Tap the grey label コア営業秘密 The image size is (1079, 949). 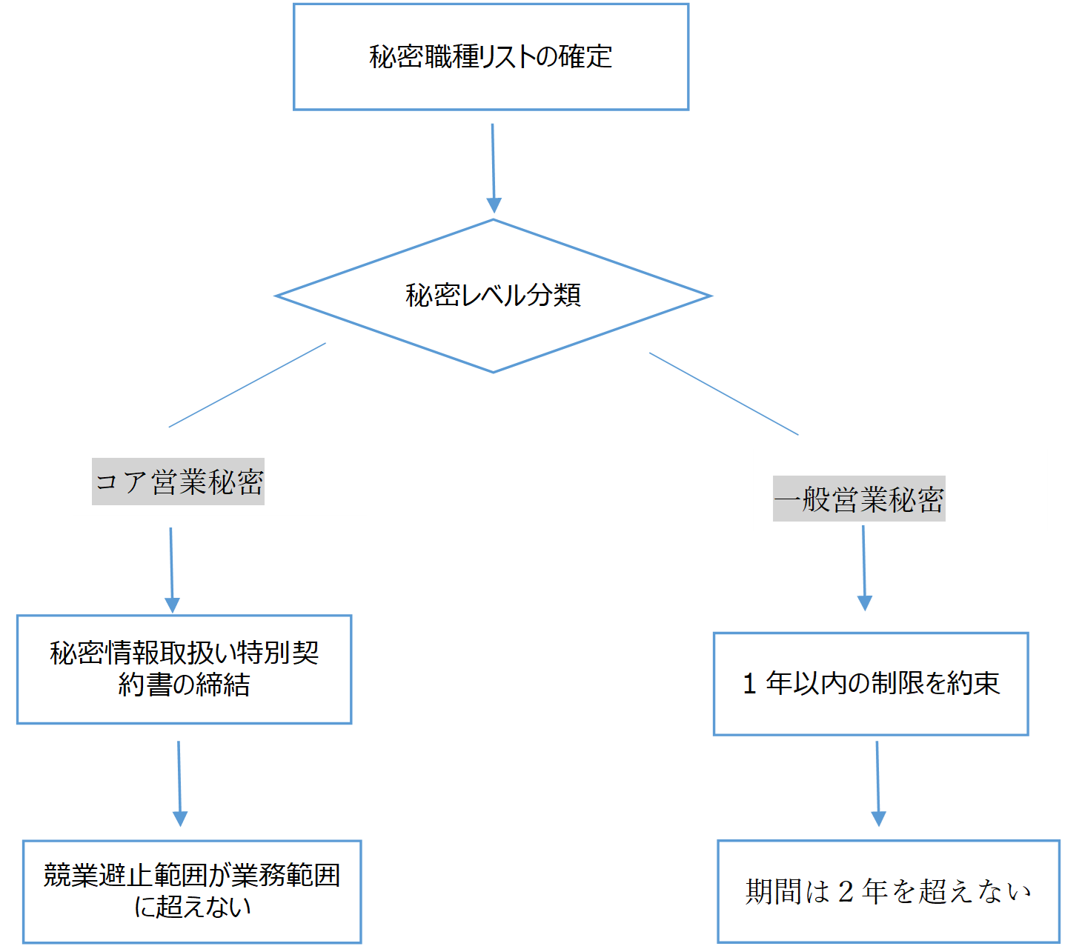(178, 482)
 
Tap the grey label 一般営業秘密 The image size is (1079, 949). (858, 499)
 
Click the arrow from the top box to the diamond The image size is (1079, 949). (493, 168)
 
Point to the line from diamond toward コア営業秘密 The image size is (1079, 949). (247, 385)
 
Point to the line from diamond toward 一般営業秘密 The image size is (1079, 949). (723, 393)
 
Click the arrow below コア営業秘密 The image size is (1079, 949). (171, 570)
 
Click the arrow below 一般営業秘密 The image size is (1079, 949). (864, 567)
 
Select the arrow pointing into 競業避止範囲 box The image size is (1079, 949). (179, 783)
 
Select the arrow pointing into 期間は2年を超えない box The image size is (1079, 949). (877, 783)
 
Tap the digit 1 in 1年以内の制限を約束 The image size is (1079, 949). (749, 684)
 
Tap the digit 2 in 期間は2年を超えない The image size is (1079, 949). (846, 891)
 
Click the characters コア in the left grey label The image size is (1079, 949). (122, 482)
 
